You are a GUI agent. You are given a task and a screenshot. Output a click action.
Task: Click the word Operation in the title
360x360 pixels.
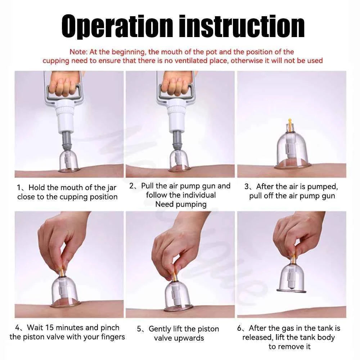point(117,26)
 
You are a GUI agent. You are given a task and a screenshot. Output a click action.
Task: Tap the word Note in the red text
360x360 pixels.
point(78,52)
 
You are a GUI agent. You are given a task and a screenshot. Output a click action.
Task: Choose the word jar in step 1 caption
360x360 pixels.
point(111,188)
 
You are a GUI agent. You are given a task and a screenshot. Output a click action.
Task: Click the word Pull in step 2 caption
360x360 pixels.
point(147,186)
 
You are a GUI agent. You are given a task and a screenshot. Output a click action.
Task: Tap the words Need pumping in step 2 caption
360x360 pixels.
point(181,204)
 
